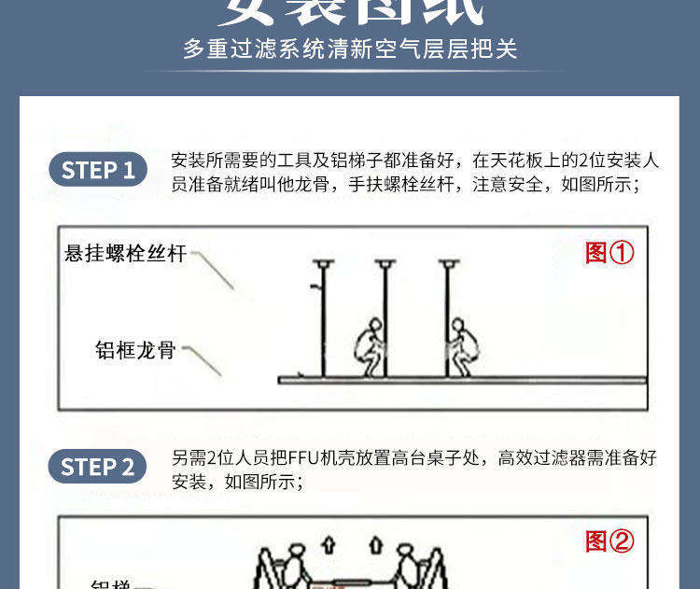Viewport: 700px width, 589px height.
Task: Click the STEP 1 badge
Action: [98, 171]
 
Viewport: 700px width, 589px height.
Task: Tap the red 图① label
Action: [609, 252]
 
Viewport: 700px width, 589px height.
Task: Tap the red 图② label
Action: [609, 541]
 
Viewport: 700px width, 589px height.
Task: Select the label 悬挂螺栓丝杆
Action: [126, 253]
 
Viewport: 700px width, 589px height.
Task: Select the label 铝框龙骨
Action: [135, 350]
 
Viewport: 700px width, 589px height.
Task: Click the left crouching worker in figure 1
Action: [368, 348]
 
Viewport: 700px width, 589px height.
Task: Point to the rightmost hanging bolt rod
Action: [447, 317]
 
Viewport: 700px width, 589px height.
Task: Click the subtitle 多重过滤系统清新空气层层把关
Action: [350, 49]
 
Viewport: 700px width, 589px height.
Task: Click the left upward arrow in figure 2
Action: [327, 543]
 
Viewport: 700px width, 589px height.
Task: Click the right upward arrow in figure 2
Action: [376, 543]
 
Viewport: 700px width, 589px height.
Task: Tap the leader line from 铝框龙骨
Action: [203, 361]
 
